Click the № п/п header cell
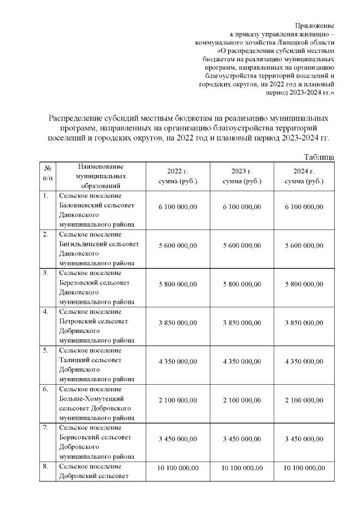click(x=47, y=172)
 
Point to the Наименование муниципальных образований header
click(x=101, y=176)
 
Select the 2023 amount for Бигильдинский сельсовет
click(x=241, y=246)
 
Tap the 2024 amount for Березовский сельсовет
click(x=304, y=285)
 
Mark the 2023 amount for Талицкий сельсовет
click(x=241, y=362)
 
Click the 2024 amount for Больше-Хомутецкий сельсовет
click(x=304, y=400)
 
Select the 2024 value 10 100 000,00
click(x=304, y=468)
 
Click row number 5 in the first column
click(x=45, y=351)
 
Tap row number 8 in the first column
click(x=45, y=467)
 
